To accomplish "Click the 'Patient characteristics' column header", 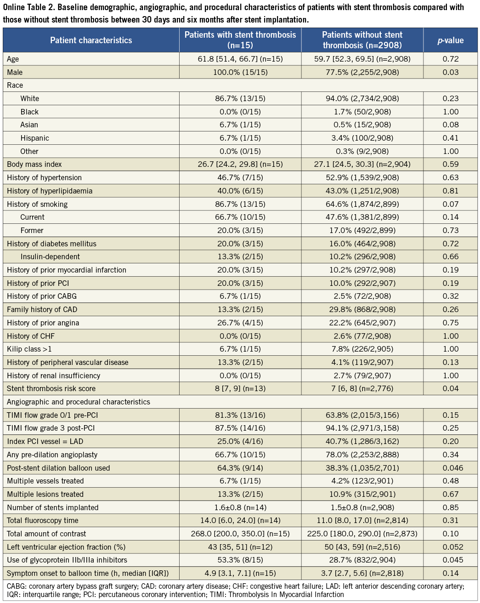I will pos(91,40).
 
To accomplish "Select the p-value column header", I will pos(450,40).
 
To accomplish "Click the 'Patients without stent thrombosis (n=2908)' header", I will pos(362,40).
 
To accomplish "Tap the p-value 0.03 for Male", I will pos(450,72).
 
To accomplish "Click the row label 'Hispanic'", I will pos(34,138).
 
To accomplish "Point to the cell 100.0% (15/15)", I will pos(240,72).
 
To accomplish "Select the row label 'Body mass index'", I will pos(34,164).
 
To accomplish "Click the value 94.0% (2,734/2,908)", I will pos(362,98).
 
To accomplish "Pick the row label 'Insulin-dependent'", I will pos(50,256).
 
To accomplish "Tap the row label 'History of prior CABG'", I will pos(42,296).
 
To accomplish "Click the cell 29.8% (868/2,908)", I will pos(362,309).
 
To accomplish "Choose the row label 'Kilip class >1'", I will pos(29,349).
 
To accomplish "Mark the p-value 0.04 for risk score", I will pos(450,388).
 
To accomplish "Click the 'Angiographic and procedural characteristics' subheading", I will pos(79,402).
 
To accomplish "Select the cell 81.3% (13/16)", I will pos(240,415).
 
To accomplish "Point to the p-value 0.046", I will pos(450,468).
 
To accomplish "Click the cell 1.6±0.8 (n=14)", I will pos(240,507).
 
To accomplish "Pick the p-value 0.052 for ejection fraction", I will pos(450,547).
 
